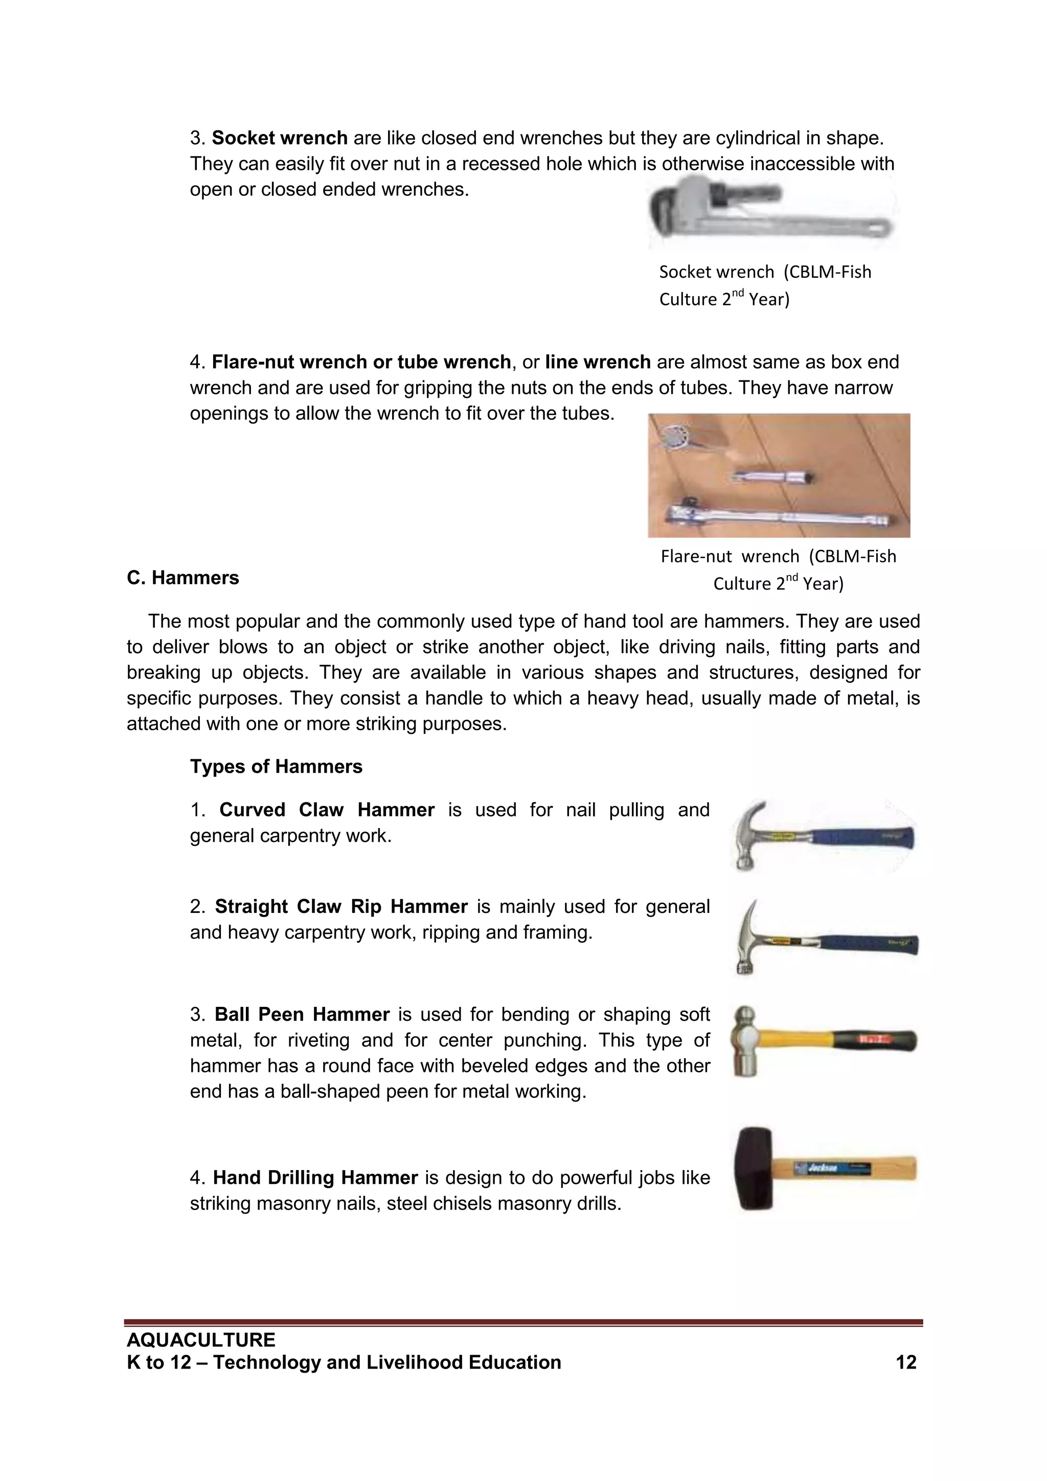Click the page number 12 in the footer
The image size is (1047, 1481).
coord(905,1362)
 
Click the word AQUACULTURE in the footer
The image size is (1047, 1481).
coord(200,1340)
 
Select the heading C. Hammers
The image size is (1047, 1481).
coord(183,577)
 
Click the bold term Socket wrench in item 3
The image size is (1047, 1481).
coord(280,138)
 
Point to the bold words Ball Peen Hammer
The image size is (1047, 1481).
coord(302,1015)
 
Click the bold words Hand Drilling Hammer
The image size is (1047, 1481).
coord(315,1178)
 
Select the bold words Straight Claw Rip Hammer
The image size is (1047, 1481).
coord(341,907)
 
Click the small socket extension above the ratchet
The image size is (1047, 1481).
coord(773,477)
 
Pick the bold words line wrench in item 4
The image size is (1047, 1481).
coord(598,362)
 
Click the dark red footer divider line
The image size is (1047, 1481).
coord(523,1323)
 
